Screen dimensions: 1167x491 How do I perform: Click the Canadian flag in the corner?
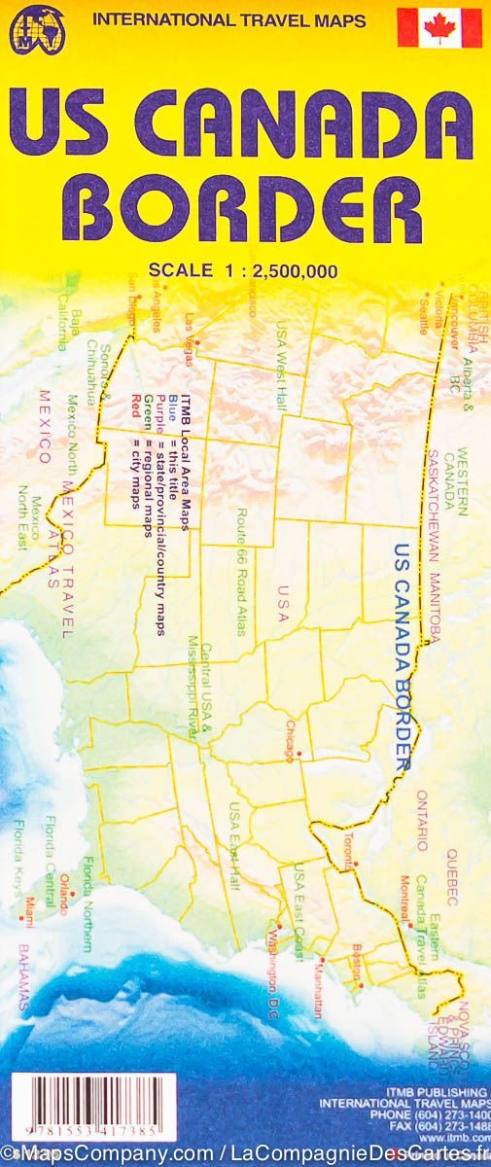439,27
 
